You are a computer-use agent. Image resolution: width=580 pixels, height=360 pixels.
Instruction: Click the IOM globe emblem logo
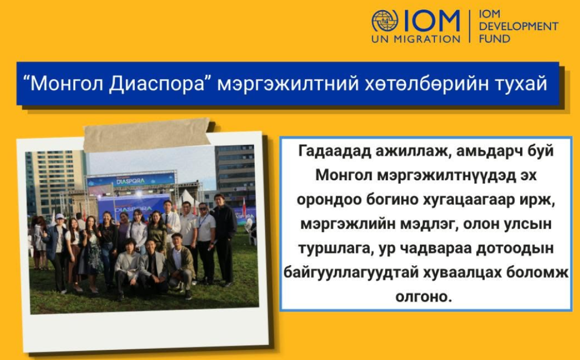click(x=385, y=21)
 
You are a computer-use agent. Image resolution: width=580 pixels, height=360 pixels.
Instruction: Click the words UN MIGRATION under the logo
click(x=416, y=39)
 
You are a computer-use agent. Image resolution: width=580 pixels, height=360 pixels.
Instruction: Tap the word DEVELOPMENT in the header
click(x=519, y=27)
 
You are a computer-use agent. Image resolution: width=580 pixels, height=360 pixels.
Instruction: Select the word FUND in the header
click(x=494, y=39)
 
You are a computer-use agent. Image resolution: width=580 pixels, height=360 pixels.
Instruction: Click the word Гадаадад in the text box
click(x=334, y=151)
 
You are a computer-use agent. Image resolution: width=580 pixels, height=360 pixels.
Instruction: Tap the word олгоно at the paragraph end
click(x=423, y=297)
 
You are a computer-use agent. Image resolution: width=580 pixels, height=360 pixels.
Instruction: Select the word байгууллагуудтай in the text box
click(x=351, y=273)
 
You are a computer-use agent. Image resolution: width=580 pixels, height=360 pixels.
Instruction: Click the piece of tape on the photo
click(x=147, y=135)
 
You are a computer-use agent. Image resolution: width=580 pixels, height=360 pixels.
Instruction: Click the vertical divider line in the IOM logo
click(x=470, y=26)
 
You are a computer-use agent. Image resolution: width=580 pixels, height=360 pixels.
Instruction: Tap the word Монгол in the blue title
click(x=67, y=84)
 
